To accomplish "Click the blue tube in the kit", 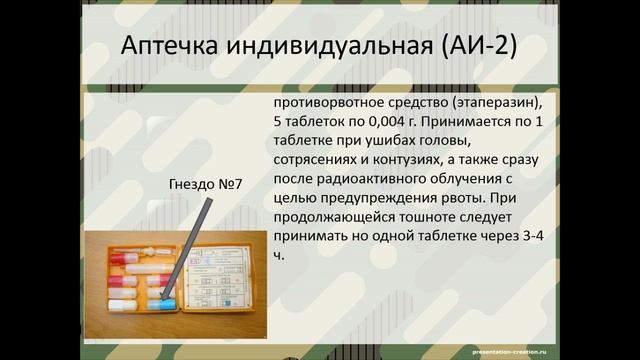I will pyautogui.click(x=166, y=301).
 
